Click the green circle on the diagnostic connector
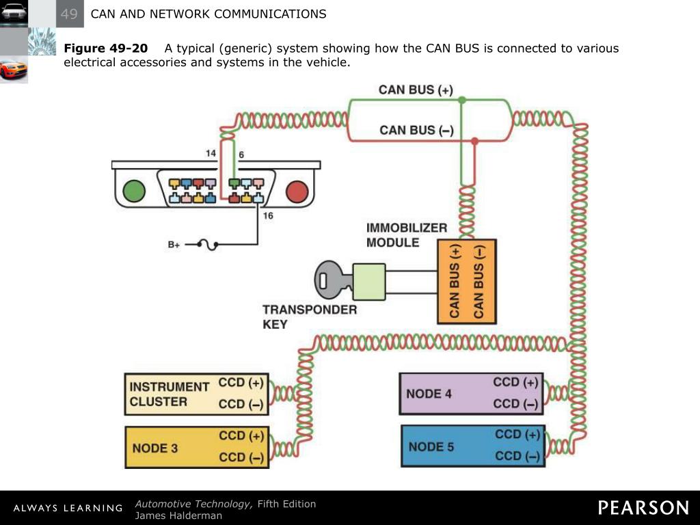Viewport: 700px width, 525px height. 134,191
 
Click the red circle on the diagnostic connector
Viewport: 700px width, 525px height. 297,191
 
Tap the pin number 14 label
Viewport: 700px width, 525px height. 211,153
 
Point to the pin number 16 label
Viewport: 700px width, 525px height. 268,215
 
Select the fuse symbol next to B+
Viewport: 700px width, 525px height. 207,245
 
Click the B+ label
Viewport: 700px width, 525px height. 174,245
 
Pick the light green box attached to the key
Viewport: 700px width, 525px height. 369,282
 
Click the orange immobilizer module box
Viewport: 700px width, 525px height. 466,281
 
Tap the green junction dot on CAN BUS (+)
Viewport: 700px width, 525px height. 462,100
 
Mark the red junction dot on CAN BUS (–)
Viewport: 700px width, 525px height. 474,141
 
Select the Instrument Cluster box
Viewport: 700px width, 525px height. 196,394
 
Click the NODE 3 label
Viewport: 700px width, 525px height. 155,448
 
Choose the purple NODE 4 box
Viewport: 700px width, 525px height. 472,394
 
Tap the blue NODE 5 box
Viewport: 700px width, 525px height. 473,446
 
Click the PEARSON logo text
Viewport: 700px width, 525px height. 643,508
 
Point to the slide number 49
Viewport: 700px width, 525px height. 69,14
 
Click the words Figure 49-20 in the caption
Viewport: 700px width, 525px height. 106,49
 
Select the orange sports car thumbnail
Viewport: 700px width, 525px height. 14,70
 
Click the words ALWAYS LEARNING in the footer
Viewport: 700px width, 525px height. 68,508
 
